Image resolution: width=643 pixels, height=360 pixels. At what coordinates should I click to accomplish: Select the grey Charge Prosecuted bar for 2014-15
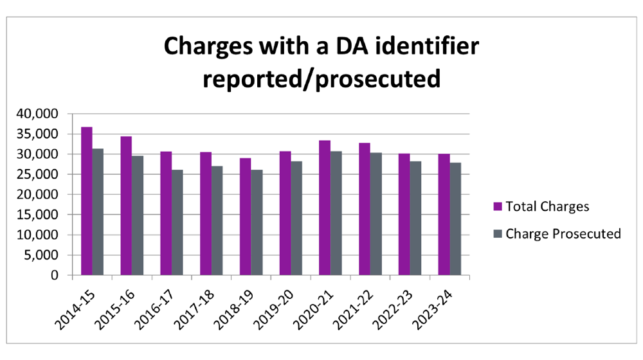[x=98, y=212]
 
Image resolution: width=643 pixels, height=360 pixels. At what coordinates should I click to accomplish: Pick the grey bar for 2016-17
[x=177, y=222]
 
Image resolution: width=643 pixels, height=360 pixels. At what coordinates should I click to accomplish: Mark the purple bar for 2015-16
[x=127, y=206]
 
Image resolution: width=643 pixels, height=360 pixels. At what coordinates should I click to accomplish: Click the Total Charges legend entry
[x=547, y=207]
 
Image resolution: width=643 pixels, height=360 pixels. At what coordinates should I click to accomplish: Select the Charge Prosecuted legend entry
[x=563, y=233]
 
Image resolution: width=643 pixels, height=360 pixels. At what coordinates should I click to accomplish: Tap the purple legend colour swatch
[x=497, y=207]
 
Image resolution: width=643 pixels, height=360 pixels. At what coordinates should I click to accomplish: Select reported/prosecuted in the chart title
[x=321, y=79]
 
